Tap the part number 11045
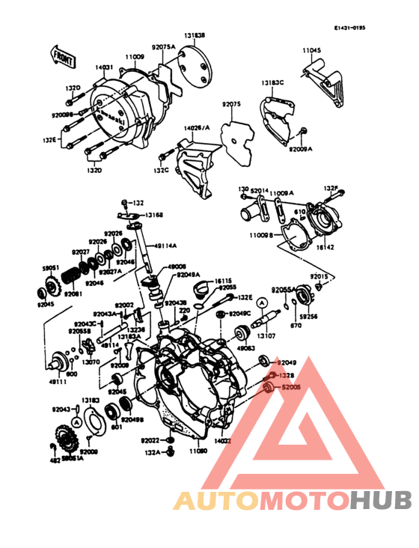click(312, 50)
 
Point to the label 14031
click(104, 67)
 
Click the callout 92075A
click(163, 46)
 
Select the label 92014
click(260, 192)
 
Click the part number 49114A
click(166, 245)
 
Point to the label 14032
click(223, 442)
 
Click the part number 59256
click(309, 317)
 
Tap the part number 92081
click(73, 294)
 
